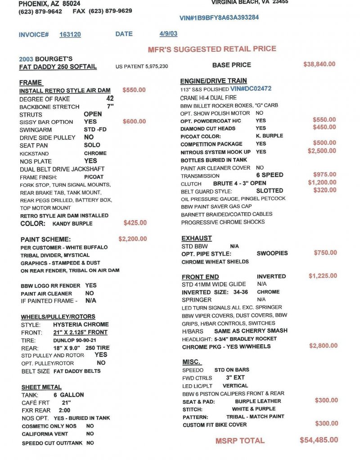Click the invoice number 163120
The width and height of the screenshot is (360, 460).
(70, 35)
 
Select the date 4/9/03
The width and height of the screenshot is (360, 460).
(168, 34)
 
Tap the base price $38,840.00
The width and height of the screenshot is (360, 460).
(319, 64)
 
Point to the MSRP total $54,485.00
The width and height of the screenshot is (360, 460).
(319, 440)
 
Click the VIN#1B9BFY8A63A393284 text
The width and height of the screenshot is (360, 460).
(219, 18)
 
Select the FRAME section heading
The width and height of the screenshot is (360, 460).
(31, 83)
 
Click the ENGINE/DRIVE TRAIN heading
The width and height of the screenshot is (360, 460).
(213, 81)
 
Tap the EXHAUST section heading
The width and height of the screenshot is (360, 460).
(197, 238)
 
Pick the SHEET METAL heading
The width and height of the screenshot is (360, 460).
(41, 387)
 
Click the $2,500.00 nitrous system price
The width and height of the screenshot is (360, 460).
(322, 151)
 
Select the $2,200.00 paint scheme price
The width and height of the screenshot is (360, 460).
(132, 239)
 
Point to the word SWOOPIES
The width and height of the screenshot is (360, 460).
(272, 253)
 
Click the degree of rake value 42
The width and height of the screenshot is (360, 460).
(110, 98)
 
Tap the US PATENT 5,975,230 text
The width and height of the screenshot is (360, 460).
(142, 67)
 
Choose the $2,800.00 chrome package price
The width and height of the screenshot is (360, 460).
(323, 346)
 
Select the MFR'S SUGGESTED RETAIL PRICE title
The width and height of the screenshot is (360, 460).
(212, 49)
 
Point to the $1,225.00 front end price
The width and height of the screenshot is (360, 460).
(323, 275)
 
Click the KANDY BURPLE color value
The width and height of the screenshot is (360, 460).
(72, 224)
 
